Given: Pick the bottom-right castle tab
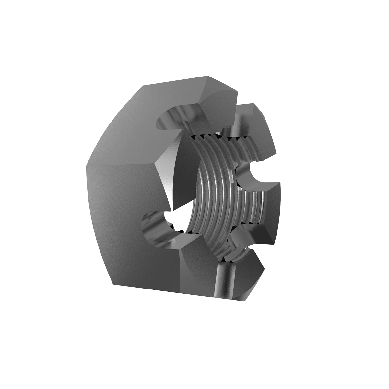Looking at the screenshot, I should (253, 259).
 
